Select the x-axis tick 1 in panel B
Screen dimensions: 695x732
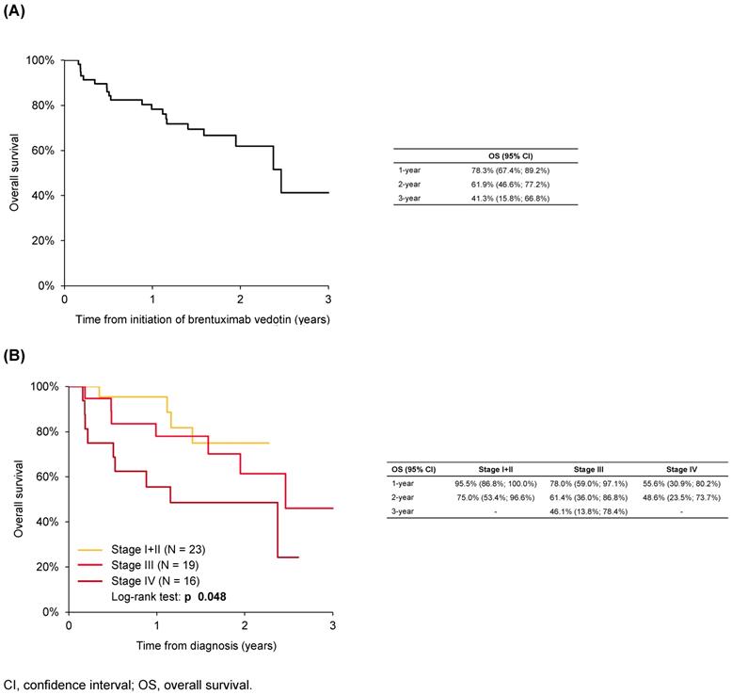pyautogui.click(x=156, y=625)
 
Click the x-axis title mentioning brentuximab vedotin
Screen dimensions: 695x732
pyautogui.click(x=196, y=320)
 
